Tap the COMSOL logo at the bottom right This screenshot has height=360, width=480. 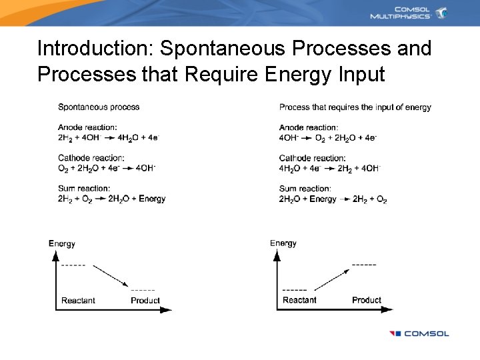[419, 333]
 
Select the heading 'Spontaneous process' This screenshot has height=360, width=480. [99, 107]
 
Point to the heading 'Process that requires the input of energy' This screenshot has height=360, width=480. [355, 107]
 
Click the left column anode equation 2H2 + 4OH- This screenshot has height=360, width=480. [108, 138]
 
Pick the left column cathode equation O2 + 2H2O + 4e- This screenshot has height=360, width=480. [107, 168]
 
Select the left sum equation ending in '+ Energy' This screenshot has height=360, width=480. [111, 199]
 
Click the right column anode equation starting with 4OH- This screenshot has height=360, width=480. [327, 138]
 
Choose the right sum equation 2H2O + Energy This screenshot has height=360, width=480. [333, 199]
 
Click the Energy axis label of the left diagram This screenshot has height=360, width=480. [62, 244]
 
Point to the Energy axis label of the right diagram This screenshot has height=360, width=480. [283, 243]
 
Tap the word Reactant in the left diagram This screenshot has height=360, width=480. [78, 301]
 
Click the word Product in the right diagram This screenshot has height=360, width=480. [367, 300]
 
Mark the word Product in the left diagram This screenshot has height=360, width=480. [145, 301]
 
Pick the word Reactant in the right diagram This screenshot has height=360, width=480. [299, 300]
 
